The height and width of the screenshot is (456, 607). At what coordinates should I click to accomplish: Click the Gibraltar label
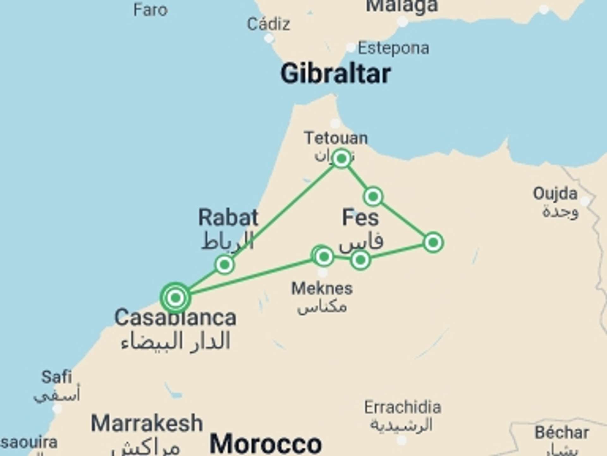335,73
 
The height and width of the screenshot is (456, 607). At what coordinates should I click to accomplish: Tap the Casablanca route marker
175,298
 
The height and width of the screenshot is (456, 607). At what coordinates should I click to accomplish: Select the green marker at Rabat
224,264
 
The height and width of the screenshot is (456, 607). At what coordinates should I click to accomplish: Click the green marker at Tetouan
341,158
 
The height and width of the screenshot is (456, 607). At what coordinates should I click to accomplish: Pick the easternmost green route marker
433,243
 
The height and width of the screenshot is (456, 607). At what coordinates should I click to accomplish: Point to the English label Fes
360,218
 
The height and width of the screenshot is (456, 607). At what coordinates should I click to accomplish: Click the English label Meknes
322,288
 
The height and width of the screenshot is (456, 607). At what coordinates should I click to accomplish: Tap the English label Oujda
555,193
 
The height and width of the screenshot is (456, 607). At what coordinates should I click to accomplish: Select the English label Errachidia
402,407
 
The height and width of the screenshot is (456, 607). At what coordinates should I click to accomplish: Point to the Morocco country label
266,444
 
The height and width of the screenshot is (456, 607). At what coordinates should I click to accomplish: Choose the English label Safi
57,377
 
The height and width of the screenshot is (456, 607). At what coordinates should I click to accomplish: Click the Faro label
150,10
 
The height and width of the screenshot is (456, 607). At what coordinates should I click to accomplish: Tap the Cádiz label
268,24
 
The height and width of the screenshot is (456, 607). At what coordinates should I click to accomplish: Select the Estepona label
394,48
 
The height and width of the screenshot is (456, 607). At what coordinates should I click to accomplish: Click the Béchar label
562,433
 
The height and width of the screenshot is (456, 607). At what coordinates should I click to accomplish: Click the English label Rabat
228,218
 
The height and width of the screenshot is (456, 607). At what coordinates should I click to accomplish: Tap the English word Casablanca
175,318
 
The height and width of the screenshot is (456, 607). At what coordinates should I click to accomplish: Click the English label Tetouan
336,138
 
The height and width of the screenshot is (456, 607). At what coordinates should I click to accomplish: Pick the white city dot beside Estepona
351,48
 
